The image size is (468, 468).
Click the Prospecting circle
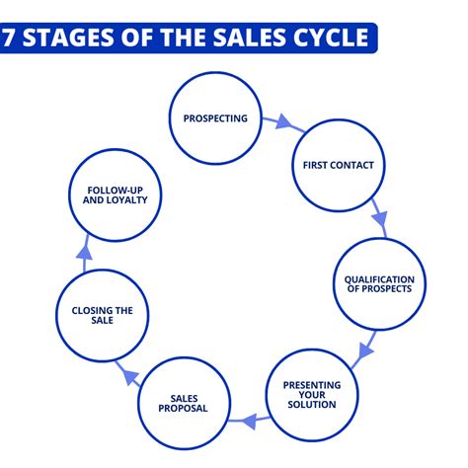(x=215, y=118)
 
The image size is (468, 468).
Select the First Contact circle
(x=332, y=165)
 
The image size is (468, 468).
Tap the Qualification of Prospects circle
(x=379, y=284)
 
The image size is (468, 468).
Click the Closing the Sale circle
(x=103, y=317)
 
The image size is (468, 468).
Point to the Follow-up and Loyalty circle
(x=111, y=194)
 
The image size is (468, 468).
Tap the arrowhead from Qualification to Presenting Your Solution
(x=366, y=348)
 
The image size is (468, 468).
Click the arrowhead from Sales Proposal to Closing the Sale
(x=125, y=372)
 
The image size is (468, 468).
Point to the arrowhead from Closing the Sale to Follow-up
(x=85, y=251)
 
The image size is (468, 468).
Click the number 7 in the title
(x=10, y=39)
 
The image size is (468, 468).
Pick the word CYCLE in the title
(x=332, y=39)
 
